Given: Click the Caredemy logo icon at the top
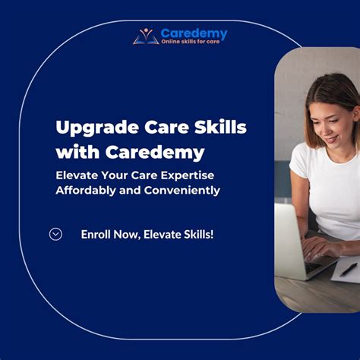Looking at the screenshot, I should tap(146, 36).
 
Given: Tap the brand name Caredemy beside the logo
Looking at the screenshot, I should tap(194, 33).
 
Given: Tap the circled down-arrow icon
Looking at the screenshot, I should tap(55, 234).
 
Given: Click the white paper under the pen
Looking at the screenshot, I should tap(343, 275).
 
